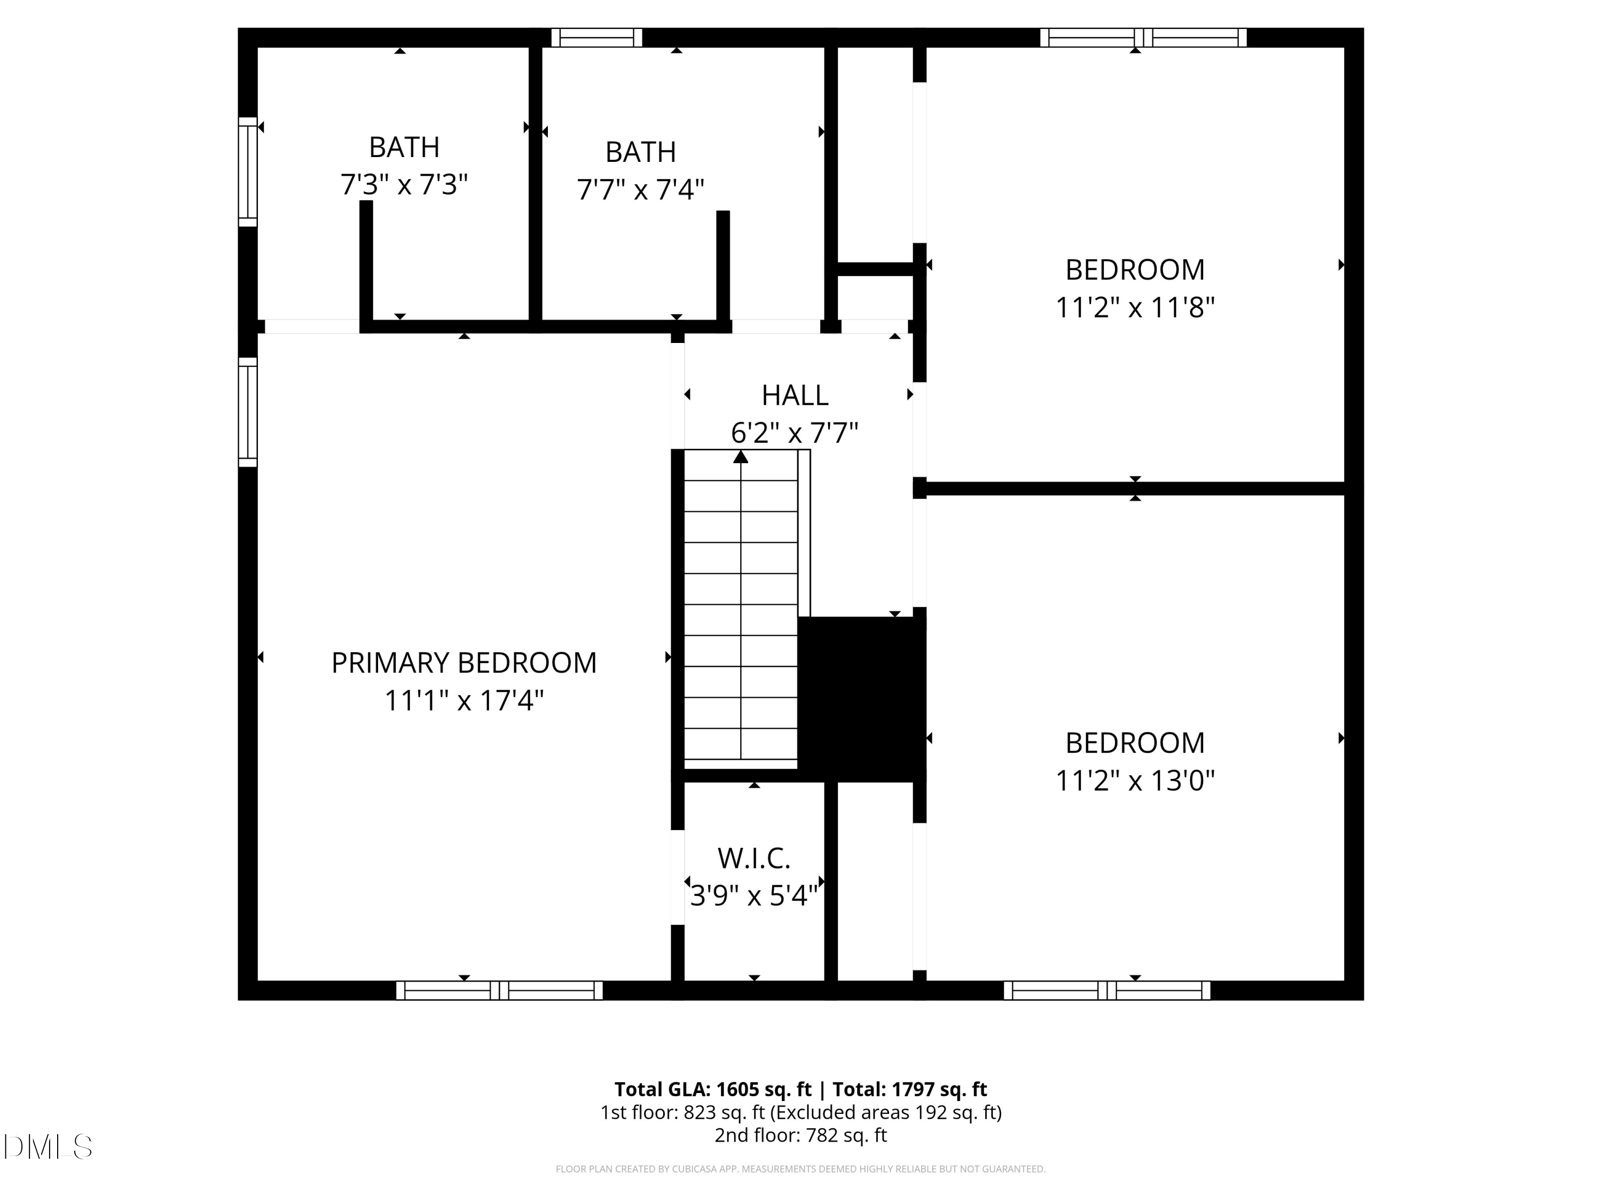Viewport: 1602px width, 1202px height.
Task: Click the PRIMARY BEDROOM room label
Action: [x=464, y=663]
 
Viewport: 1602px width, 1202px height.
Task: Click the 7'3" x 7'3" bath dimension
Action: [x=404, y=185]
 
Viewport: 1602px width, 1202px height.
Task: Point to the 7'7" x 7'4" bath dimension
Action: [x=640, y=190]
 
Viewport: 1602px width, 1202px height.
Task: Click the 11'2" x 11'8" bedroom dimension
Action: [x=1135, y=308]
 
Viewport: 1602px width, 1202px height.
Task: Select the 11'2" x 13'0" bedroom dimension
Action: [x=1135, y=781]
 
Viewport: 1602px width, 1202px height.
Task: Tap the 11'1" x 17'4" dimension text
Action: [x=464, y=700]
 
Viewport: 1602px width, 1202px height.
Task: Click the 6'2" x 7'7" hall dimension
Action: [x=795, y=433]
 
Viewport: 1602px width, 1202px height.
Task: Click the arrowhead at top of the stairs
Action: [x=740, y=456]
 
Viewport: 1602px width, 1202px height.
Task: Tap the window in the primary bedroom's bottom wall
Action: [x=499, y=990]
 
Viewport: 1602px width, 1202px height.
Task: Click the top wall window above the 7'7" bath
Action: [x=597, y=38]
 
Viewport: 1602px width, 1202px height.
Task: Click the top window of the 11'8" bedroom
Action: [x=1144, y=38]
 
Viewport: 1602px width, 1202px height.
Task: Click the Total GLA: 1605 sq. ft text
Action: [x=713, y=1090]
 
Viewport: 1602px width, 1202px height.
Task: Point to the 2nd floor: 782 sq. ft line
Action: [x=800, y=1135]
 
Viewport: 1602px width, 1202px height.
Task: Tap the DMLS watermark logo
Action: [x=48, y=1147]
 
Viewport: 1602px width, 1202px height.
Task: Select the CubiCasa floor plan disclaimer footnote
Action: [x=800, y=1169]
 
